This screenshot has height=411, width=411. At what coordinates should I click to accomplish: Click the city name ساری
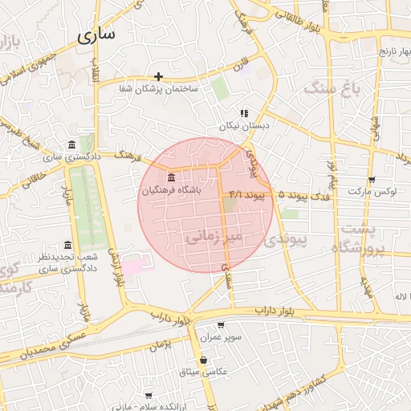coord(97,35)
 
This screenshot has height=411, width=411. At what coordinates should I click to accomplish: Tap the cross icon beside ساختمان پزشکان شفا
coord(159,77)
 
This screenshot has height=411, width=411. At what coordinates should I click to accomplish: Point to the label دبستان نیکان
coord(243,126)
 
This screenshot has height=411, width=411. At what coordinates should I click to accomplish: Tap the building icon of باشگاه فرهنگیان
coord(170,177)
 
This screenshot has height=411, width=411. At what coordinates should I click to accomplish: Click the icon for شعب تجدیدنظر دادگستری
coord(67,246)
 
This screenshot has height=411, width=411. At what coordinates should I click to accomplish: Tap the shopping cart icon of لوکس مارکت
coord(371,180)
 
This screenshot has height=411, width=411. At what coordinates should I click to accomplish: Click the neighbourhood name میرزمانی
coord(213,238)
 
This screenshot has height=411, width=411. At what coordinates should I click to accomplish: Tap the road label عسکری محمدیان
coord(48,348)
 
